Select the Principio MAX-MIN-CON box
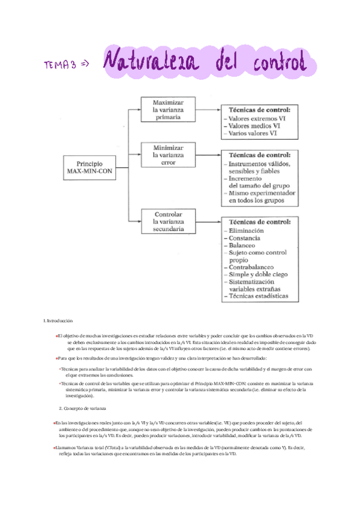pos(90,167)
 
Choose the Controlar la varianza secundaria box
pos(164,221)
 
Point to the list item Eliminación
pos(246,230)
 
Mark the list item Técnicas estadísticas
pos(257,295)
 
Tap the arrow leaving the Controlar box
pos(205,221)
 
